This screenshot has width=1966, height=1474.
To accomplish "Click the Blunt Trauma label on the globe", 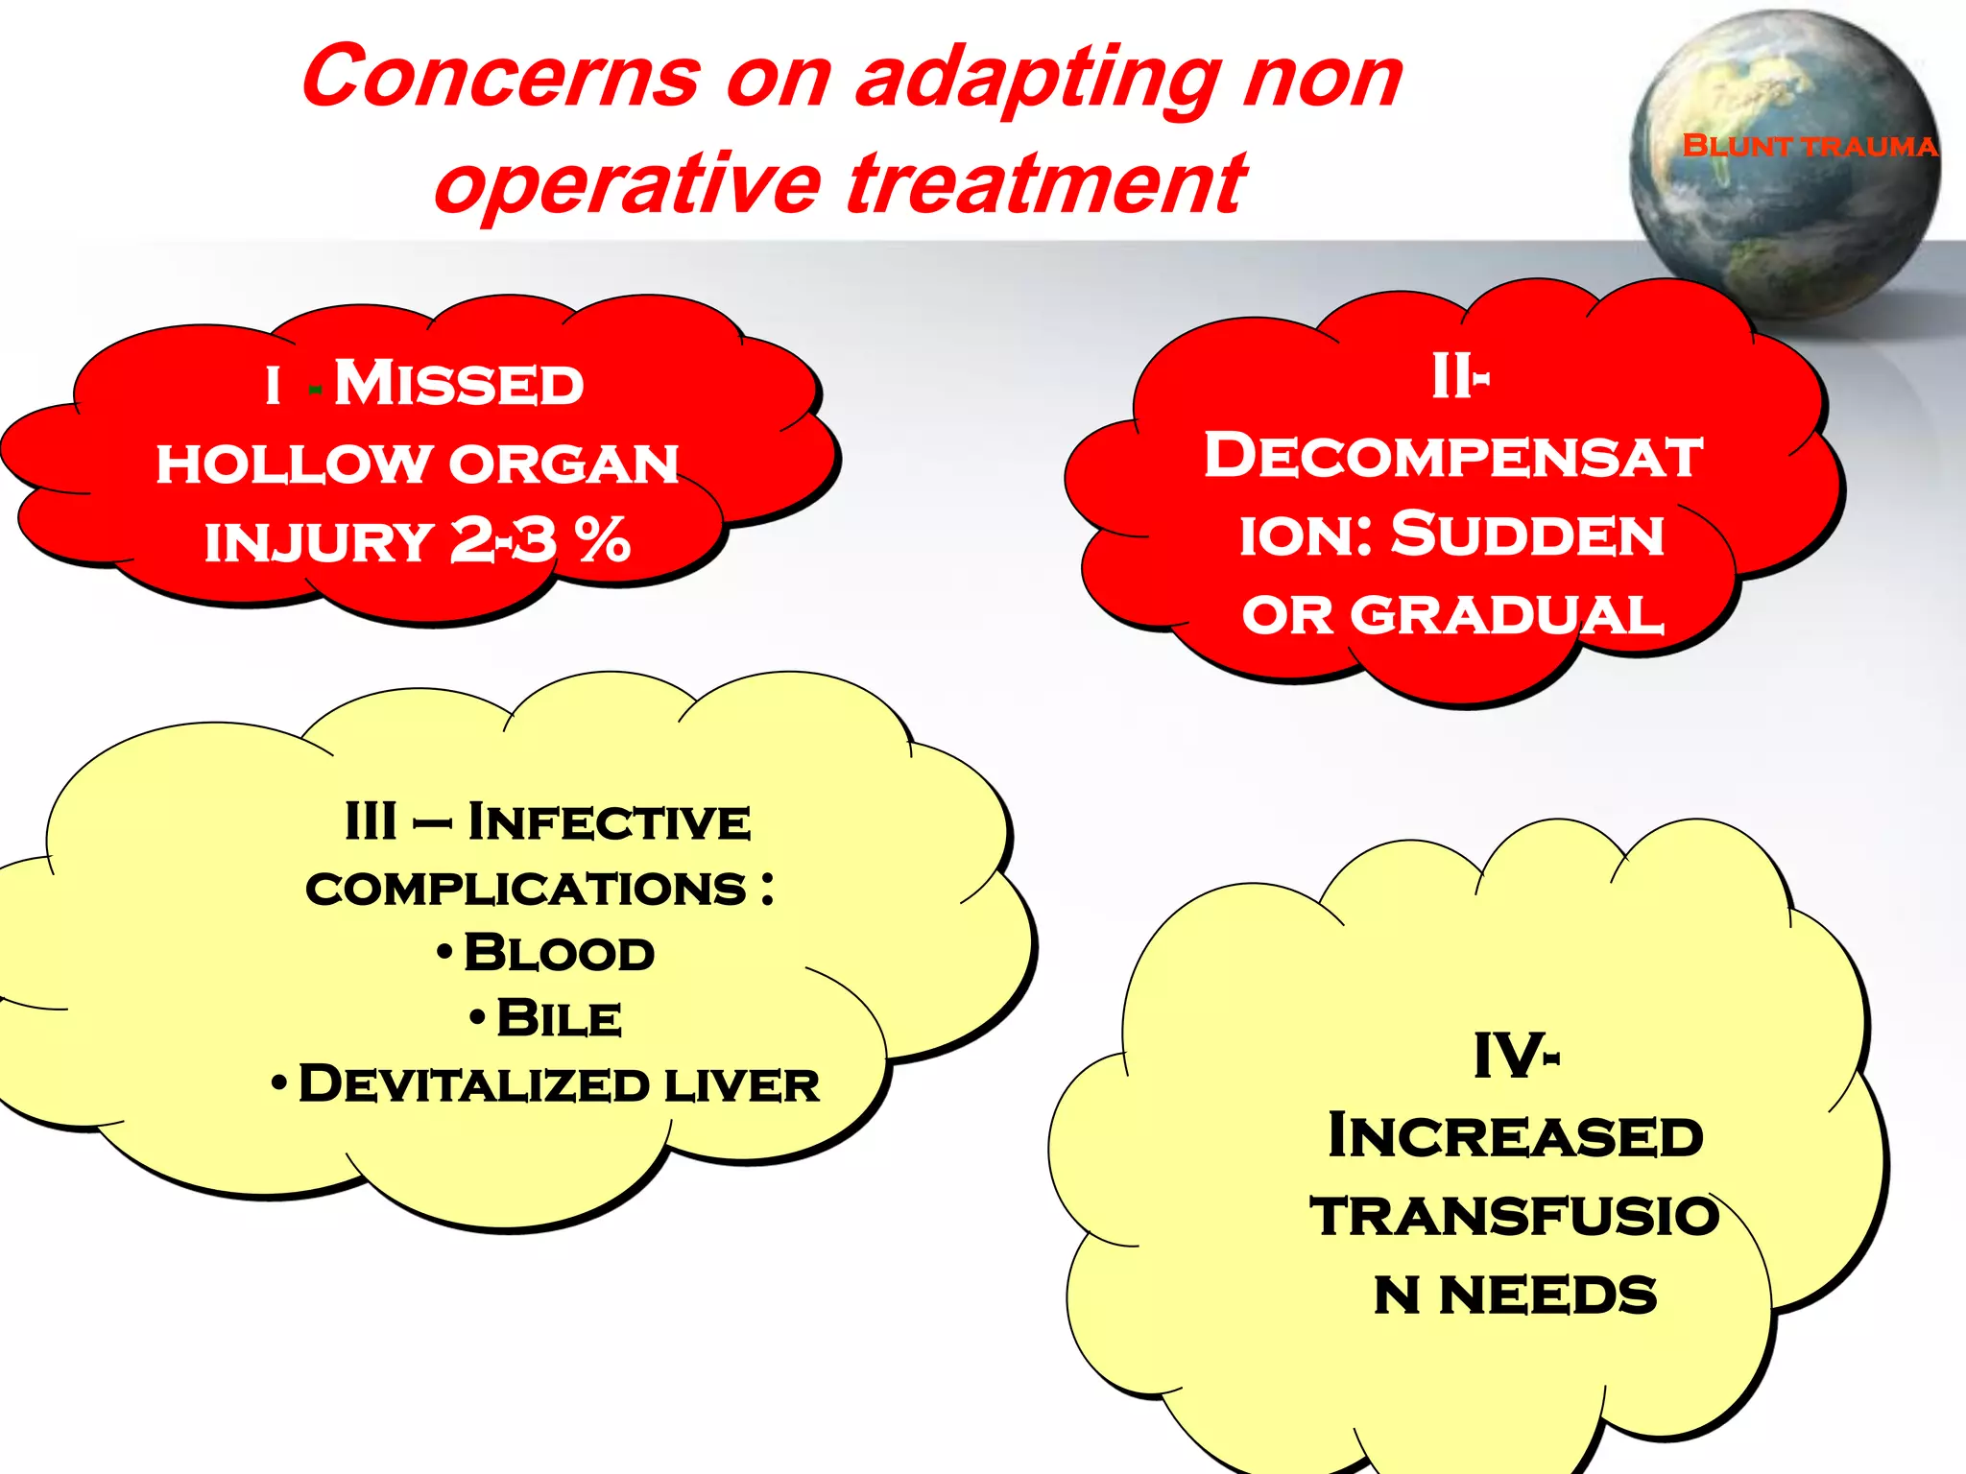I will pos(1810,146).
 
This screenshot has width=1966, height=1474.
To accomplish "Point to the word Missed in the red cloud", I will pos(459,384).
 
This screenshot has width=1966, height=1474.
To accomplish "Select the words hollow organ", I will pos(418,464).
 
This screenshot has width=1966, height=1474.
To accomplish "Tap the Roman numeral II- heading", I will pos(1459,376).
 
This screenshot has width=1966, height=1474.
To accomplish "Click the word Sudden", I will pos(1527,535).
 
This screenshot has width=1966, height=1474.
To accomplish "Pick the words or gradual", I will pos(1452,614).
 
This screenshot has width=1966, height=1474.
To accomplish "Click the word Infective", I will pos(609,822).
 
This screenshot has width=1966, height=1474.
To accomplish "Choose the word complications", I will pos(526,889).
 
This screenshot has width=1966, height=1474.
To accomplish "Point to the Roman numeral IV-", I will pos(1516,1057).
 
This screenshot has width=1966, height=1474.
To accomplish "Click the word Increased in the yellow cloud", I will pos(1516,1137).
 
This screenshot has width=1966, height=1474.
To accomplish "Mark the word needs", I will pos(1547,1296).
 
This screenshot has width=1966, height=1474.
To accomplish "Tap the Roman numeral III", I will pos(371,822).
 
